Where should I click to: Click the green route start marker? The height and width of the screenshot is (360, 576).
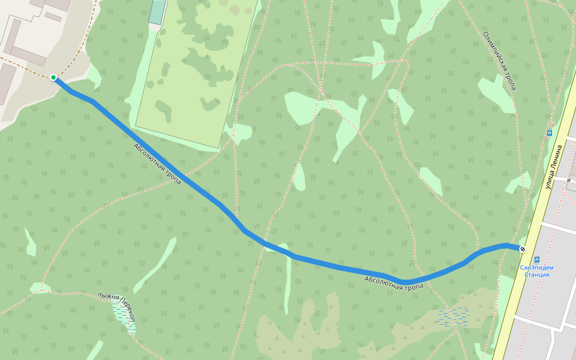point(53,77)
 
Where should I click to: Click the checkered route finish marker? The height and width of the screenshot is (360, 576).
point(523,249)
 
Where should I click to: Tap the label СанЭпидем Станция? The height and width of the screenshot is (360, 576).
point(536,271)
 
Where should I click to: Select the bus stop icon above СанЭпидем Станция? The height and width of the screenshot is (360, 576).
point(536,259)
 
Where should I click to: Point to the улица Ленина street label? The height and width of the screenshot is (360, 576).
point(555,167)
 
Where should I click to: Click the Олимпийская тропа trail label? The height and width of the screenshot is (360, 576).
point(499,61)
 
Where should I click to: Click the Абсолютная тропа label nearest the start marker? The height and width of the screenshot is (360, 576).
point(157,163)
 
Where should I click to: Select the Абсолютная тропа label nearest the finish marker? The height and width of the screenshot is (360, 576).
point(394,283)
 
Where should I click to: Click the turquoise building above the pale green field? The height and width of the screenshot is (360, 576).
point(157,12)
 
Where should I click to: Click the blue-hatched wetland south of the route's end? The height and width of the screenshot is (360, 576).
point(453,317)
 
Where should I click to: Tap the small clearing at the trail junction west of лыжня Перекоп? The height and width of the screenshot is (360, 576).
point(39,287)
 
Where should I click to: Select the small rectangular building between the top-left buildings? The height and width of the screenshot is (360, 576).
point(53,17)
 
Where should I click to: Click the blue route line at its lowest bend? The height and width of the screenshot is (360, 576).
point(407,282)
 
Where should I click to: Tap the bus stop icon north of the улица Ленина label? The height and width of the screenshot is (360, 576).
point(549,133)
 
